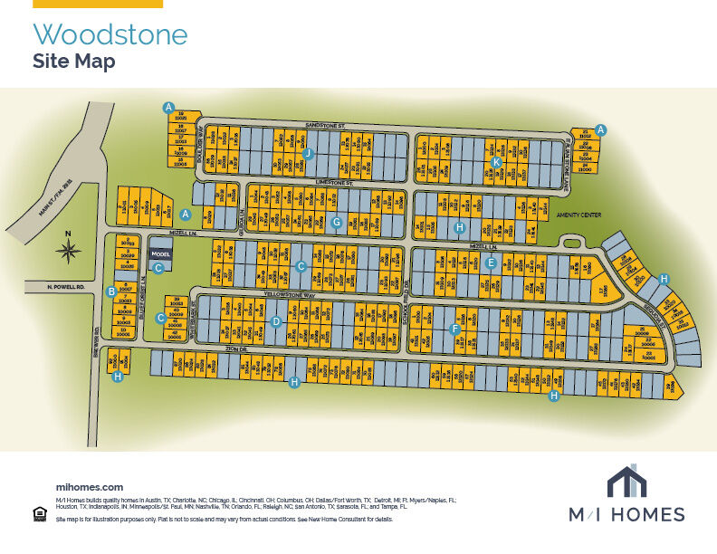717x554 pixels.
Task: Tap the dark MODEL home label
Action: [x=158, y=253]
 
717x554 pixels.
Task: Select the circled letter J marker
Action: [x=308, y=153]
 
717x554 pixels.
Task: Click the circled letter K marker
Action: [x=496, y=162]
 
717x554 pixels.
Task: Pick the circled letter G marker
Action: [x=336, y=222]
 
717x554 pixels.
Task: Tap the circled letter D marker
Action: [x=276, y=320]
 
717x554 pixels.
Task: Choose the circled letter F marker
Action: [x=455, y=329]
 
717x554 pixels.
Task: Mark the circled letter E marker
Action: [x=491, y=263]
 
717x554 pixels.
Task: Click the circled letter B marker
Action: [x=111, y=291]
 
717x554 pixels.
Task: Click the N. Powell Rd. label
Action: [x=66, y=287]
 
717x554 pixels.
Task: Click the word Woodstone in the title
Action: [x=110, y=34]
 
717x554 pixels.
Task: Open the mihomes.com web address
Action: [x=89, y=487]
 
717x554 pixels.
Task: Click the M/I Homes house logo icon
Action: [x=626, y=482]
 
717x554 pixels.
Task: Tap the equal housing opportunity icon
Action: [x=39, y=514]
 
